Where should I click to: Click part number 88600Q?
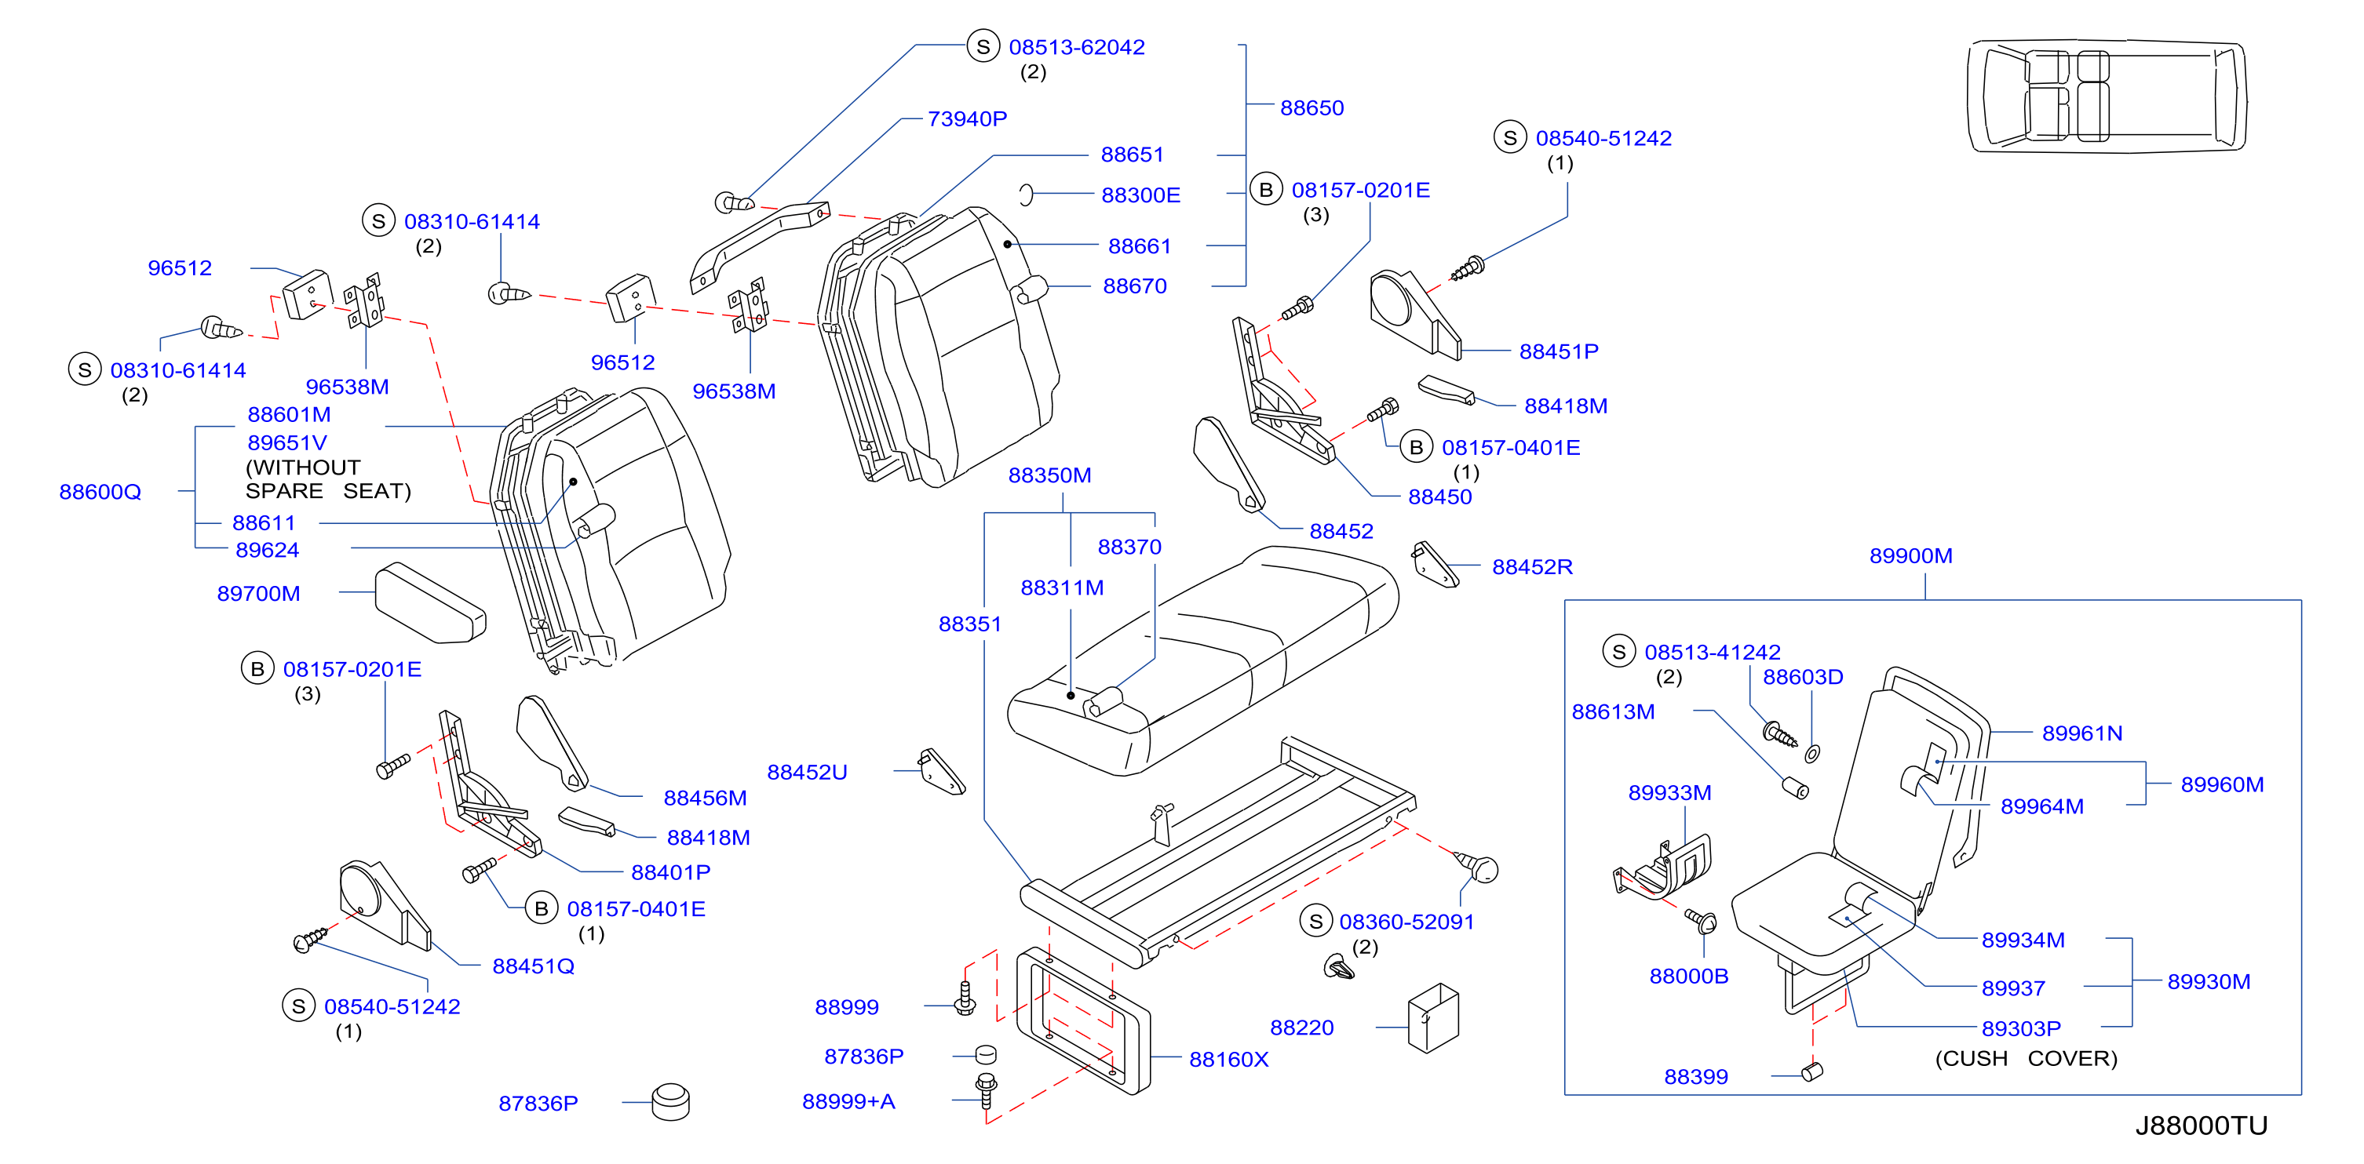tap(100, 492)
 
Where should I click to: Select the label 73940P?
tap(967, 118)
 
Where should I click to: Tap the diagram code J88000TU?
tap(2201, 1126)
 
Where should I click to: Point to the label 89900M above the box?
tap(1910, 555)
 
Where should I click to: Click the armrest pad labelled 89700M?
tap(429, 602)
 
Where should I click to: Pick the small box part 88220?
tap(1432, 1018)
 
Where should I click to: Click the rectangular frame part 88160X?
tap(1083, 1020)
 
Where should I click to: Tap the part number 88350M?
tap(1050, 475)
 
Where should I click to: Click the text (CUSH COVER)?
tap(2027, 1059)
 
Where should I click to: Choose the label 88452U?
tap(808, 773)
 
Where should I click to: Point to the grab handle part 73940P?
tap(758, 244)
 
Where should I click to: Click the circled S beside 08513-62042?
tap(983, 45)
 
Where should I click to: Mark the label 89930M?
tap(2209, 981)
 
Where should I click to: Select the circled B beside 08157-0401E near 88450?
tap(1416, 447)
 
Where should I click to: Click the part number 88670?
tap(1135, 286)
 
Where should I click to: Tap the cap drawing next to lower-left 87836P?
tap(671, 1101)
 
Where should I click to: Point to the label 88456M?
tap(705, 798)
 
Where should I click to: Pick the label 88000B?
tap(1688, 976)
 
